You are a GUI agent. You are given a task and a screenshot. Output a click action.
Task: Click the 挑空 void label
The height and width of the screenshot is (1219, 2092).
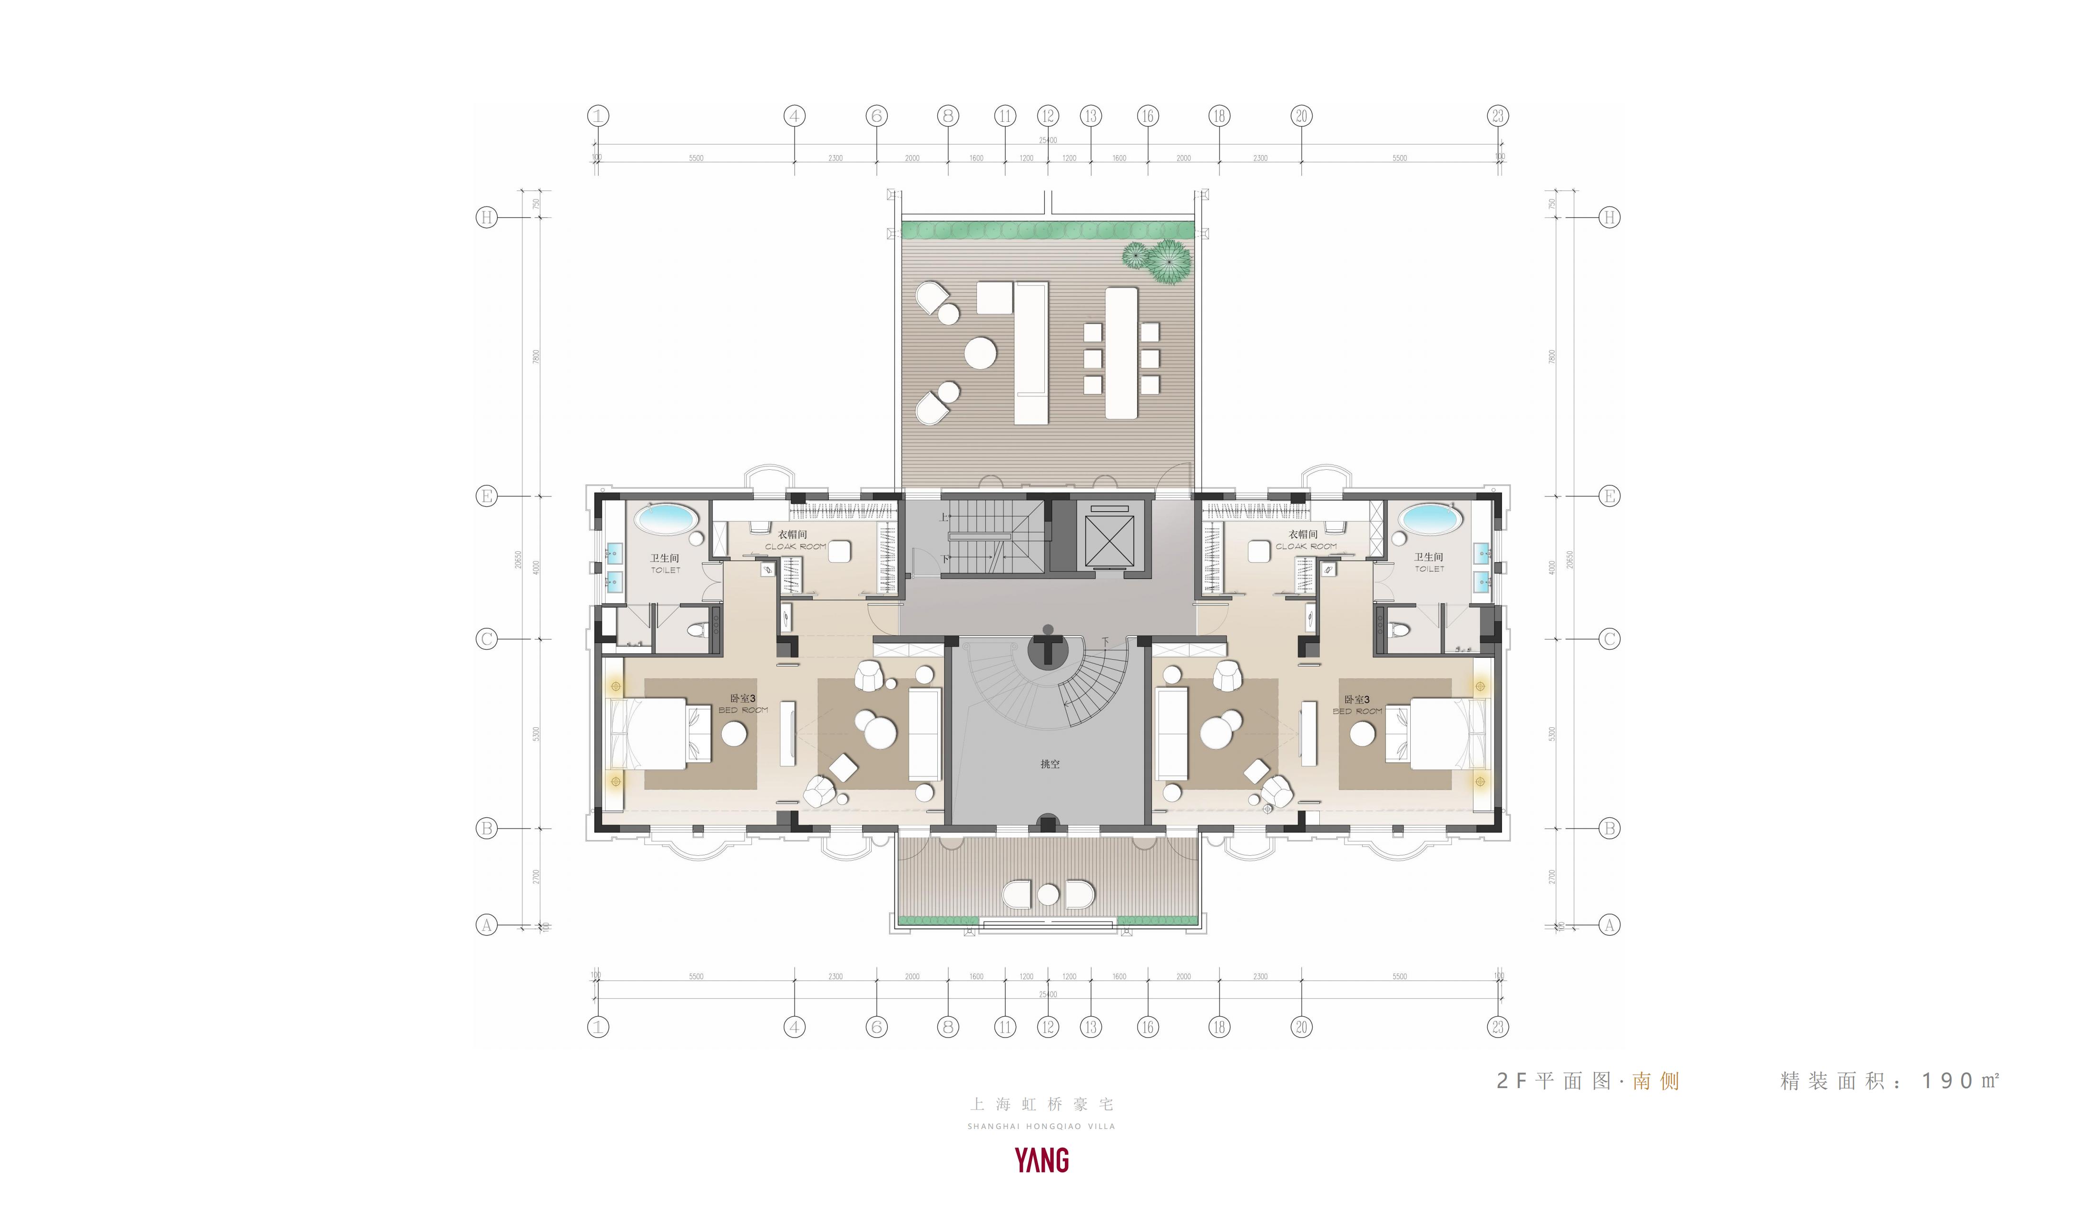[1050, 764]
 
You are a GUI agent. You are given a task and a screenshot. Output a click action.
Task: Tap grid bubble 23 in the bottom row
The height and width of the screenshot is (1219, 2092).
[1498, 1027]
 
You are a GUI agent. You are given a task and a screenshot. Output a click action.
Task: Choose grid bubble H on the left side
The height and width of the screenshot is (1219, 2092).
[486, 218]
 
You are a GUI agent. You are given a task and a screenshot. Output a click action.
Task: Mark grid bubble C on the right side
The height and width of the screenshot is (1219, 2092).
[1609, 639]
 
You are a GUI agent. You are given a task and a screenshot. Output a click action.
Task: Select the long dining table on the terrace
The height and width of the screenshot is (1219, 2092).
[1121, 353]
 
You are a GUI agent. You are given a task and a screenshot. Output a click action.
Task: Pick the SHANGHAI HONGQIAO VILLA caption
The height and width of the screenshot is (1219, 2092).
[1041, 1127]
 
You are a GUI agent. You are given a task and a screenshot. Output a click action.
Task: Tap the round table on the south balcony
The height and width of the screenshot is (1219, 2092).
[1049, 894]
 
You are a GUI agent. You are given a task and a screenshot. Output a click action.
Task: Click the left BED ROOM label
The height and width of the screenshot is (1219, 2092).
[743, 711]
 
